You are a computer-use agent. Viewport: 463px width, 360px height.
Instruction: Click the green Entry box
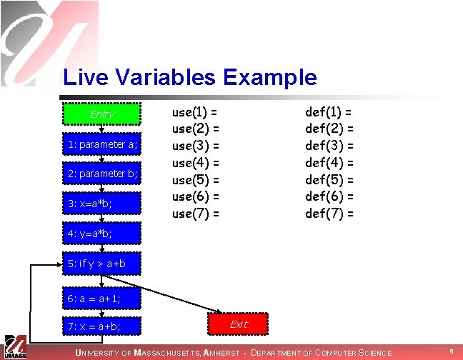tap(101, 114)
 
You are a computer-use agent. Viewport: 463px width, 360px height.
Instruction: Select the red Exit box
tap(238, 324)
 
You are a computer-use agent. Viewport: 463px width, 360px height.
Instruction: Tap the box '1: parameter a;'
tap(101, 144)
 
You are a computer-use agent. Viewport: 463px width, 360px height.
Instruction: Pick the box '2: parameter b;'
tap(101, 173)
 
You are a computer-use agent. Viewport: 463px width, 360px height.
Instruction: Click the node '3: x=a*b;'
tap(101, 204)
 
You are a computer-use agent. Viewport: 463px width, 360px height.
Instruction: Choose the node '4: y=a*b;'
tap(101, 234)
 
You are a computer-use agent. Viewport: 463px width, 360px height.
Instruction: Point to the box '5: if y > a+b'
tap(101, 264)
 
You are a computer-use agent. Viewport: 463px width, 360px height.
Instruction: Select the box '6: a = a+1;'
tap(101, 299)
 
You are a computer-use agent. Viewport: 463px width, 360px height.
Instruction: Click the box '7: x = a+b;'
tap(101, 326)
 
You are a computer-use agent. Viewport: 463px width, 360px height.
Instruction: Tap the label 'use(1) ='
tap(194, 112)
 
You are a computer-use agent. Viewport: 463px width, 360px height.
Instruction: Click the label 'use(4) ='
tap(196, 163)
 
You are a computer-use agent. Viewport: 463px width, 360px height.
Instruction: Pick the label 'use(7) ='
tap(196, 214)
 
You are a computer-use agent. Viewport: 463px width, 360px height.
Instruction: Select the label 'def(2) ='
tap(329, 129)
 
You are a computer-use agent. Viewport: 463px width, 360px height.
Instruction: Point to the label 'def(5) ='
tap(329, 180)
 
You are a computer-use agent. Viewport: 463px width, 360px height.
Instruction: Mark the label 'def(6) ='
tap(329, 197)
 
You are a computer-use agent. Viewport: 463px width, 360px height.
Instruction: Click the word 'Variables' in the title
tap(165, 77)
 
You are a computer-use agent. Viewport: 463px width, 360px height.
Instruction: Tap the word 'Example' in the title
tap(270, 78)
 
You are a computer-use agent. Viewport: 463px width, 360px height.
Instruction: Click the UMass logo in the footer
tap(15, 347)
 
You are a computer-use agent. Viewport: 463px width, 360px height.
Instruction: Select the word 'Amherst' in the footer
tap(221, 353)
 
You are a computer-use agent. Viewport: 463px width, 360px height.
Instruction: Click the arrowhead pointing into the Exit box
tap(219, 311)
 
